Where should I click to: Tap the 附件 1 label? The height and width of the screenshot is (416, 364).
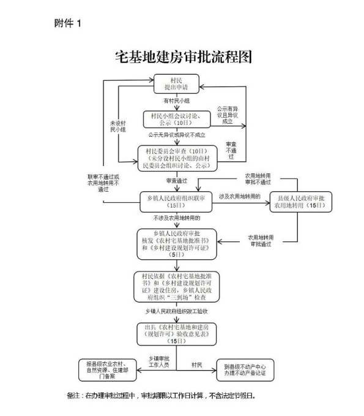pos(67,23)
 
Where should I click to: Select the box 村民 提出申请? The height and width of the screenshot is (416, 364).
pos(176,84)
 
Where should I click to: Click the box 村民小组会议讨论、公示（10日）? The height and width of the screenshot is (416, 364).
pos(176,117)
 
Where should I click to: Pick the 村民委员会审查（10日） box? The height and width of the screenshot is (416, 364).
pos(176,157)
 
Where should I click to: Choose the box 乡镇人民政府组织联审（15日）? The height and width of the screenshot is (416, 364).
pos(176,200)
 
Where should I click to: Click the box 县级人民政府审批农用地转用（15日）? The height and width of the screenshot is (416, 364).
pos(302,202)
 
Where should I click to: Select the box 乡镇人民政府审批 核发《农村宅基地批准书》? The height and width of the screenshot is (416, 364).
pos(176,244)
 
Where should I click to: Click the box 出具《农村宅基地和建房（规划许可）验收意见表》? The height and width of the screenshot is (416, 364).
pos(176,332)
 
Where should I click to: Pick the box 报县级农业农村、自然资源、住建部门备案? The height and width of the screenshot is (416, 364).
pos(106,369)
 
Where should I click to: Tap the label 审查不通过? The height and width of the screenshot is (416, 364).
pos(231,151)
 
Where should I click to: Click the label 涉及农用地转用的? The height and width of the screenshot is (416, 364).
pos(240,196)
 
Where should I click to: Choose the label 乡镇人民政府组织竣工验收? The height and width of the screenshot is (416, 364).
pos(176,311)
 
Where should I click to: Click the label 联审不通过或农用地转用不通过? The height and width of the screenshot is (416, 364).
pos(108,183)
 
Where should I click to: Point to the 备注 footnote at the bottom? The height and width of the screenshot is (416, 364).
pos(161,396)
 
